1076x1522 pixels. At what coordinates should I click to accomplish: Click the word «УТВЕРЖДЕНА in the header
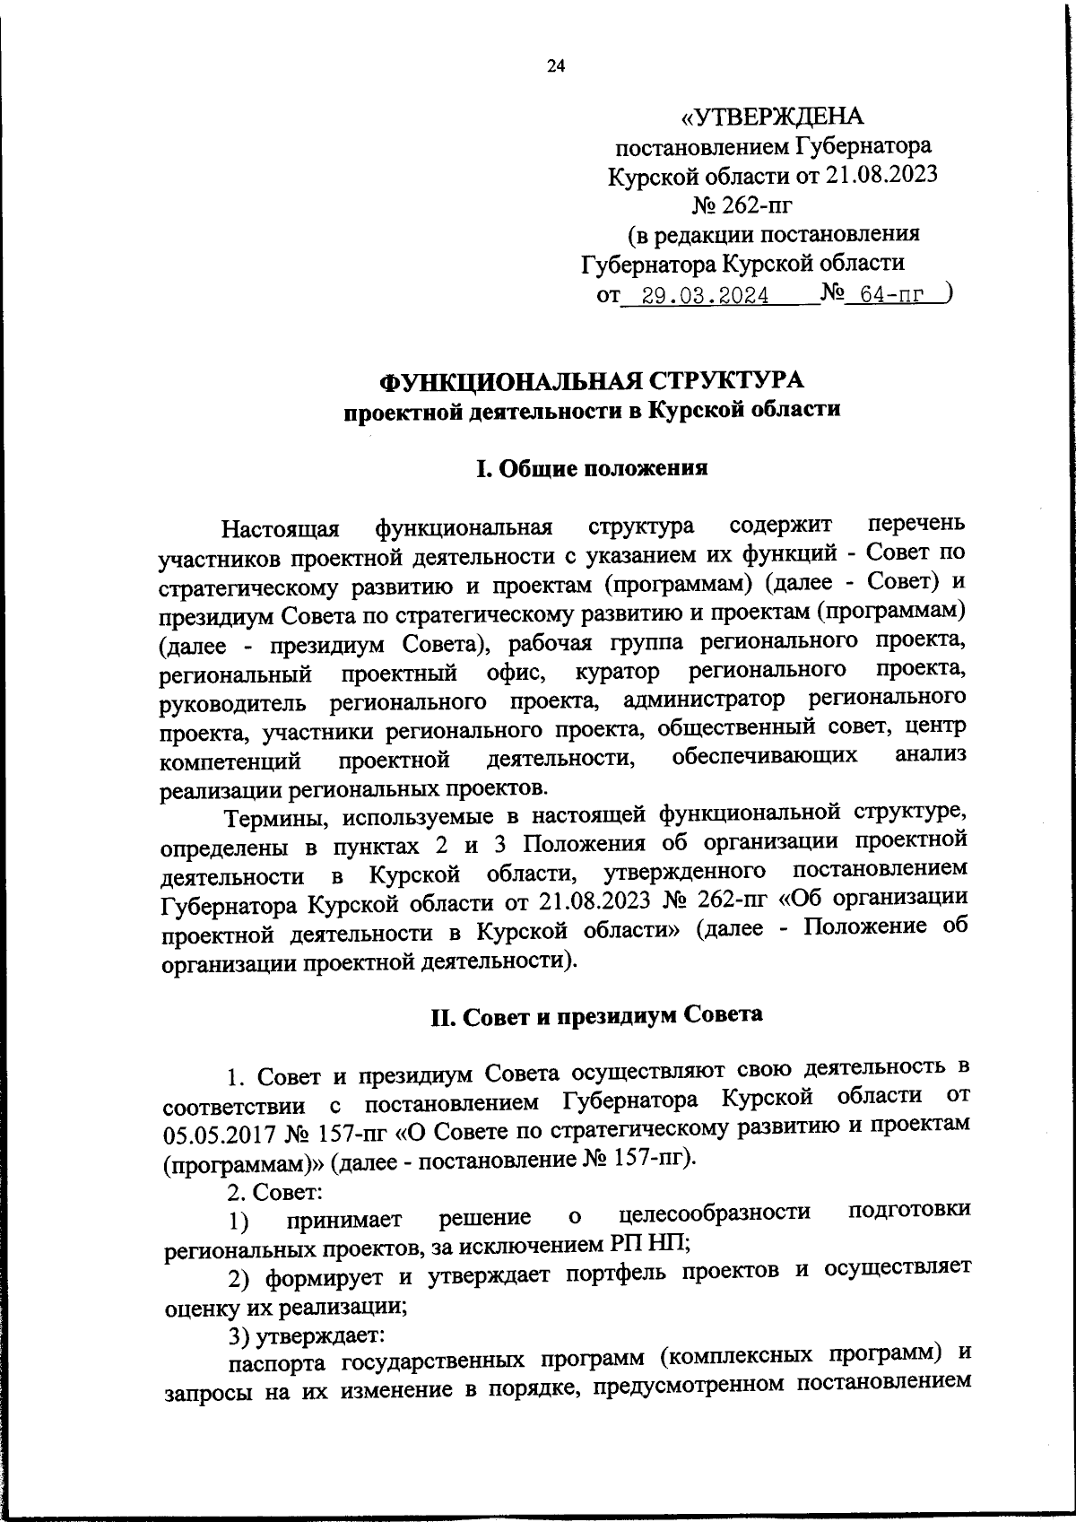coord(772,117)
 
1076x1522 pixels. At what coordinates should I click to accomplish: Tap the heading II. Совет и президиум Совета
coord(597,1014)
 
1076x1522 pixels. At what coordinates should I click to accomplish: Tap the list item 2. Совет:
coord(275,1193)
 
